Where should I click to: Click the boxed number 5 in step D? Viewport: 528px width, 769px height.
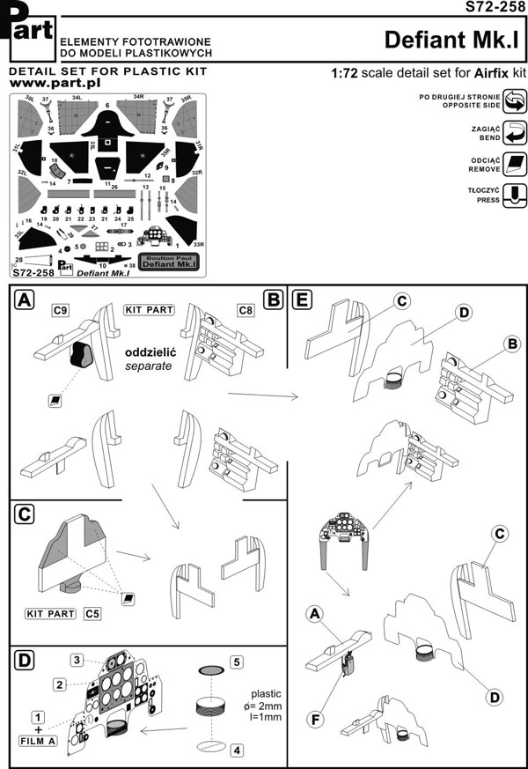click(x=237, y=662)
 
